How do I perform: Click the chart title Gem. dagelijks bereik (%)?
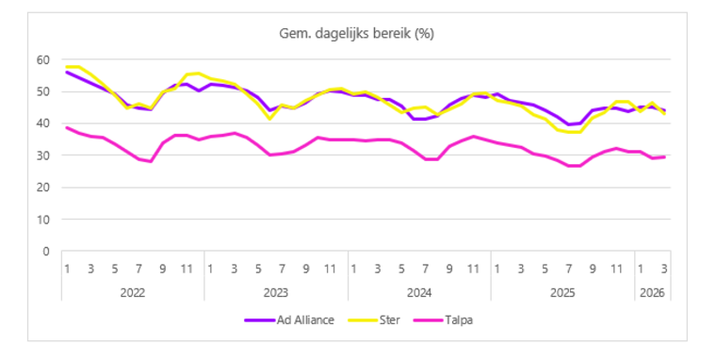point(356,34)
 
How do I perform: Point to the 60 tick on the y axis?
point(41,59)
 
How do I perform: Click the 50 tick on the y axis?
point(41,91)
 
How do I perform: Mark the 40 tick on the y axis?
point(41,123)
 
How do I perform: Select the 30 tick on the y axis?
point(41,155)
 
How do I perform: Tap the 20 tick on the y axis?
point(41,188)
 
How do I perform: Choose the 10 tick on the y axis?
point(41,220)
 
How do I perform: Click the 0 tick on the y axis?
point(44,252)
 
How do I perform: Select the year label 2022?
point(133,292)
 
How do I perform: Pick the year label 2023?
point(276,292)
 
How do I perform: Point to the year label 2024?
point(419,292)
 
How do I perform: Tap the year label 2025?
point(562,292)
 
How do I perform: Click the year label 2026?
point(651,292)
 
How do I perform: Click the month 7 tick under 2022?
point(139,269)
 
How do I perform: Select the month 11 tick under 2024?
point(473,269)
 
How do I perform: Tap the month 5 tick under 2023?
point(258,269)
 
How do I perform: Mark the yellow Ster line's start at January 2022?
point(68,67)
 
